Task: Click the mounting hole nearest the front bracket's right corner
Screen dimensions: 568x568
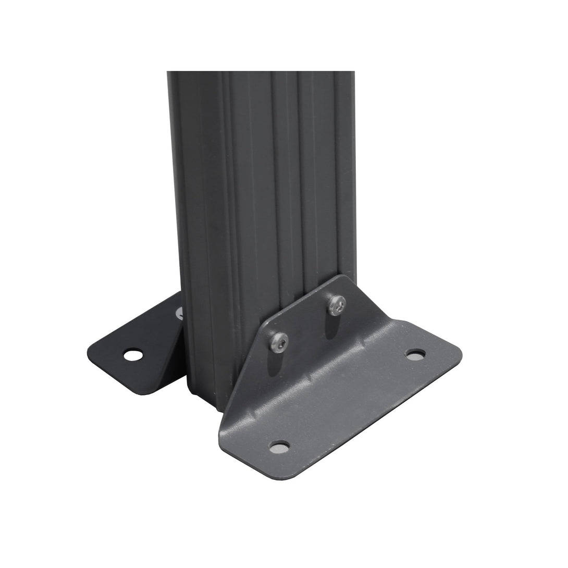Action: (415, 354)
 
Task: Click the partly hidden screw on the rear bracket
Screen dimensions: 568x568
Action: (179, 314)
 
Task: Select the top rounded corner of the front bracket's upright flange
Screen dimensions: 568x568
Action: (341, 277)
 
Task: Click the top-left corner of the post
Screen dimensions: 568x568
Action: (168, 72)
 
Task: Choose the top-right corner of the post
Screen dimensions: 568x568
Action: (354, 72)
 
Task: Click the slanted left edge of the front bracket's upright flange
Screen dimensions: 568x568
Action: (245, 365)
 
